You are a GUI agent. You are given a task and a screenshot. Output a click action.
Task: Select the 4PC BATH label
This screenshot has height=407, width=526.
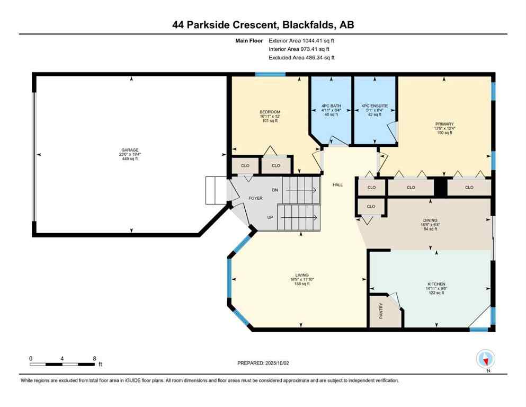[331, 106]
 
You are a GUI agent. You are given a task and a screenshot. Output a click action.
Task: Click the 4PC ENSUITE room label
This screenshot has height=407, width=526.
[375, 106]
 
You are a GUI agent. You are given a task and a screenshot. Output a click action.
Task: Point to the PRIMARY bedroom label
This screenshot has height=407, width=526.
[444, 124]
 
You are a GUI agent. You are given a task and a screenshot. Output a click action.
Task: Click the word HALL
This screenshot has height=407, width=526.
[337, 185]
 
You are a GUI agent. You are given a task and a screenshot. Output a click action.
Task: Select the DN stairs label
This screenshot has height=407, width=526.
[274, 190]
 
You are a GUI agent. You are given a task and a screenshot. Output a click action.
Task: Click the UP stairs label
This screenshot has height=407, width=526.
[270, 217]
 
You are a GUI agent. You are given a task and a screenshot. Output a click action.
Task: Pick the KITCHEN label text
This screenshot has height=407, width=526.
[436, 284]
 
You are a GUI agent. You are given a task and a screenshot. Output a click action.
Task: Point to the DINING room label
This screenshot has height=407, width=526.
[430, 220]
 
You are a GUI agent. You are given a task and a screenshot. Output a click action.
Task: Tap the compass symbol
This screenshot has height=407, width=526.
[485, 359]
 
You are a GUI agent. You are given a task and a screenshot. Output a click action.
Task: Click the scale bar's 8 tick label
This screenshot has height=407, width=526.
[94, 358]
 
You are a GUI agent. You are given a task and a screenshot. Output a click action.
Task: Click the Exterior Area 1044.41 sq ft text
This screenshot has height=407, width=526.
[301, 40]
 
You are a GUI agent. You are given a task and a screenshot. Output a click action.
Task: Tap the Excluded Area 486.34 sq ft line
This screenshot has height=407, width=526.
[301, 57]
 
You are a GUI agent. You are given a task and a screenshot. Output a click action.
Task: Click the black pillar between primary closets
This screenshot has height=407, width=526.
[440, 187]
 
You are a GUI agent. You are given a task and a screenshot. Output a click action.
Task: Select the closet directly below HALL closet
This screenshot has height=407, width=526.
[371, 206]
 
